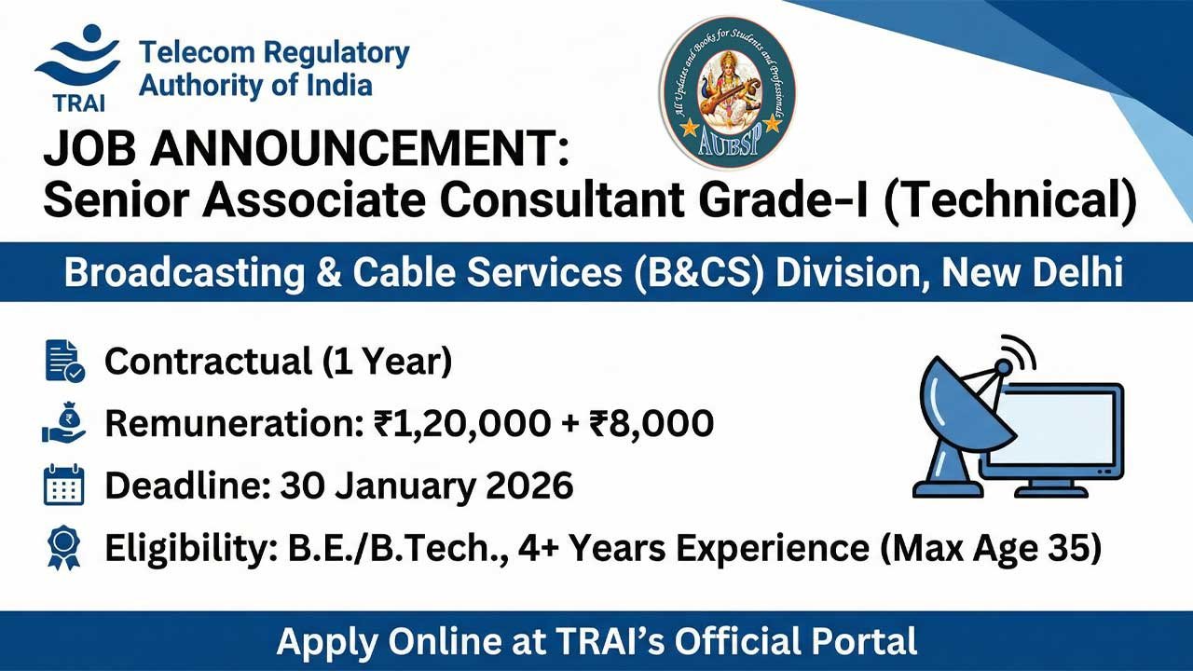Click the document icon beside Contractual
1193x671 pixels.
64,362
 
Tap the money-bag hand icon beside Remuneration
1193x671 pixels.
64,423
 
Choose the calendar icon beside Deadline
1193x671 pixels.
64,486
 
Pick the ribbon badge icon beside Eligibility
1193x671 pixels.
64,548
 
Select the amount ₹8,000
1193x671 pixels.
651,423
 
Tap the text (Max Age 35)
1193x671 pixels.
992,548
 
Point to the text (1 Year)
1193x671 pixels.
388,362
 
